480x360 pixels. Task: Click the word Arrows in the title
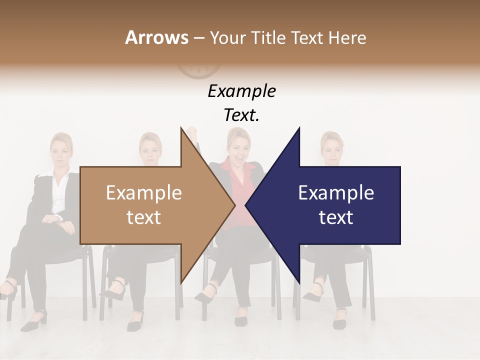point(156,37)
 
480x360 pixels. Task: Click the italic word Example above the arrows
point(241,91)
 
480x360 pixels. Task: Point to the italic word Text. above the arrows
point(241,115)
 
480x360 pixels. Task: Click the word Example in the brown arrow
point(144,193)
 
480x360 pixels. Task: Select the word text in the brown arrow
point(144,217)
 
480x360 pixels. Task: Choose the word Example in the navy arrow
point(336,193)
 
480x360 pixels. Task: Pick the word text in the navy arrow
point(336,217)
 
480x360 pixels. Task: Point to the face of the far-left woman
point(61,152)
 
